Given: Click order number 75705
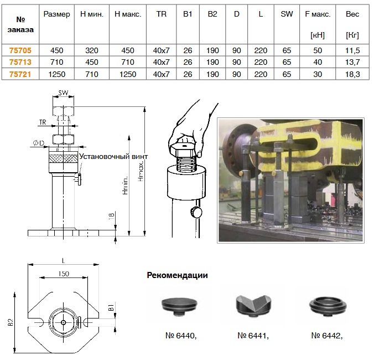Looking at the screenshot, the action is [20, 50].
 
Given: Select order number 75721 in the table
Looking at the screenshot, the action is [20, 74].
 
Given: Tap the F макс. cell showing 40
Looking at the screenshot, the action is [318, 62].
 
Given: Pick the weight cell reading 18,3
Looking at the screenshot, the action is [352, 74].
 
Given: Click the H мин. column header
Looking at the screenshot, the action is [92, 14].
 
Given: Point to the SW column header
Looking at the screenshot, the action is [287, 14].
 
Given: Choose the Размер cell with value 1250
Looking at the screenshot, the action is [57, 74].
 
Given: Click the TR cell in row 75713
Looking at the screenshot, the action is [161, 62].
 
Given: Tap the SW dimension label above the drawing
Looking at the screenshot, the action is [63, 92].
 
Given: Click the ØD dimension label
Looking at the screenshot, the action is [39, 143].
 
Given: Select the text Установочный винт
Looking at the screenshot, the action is [113, 157].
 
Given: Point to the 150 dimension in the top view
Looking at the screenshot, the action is [64, 274].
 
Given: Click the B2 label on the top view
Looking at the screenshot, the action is [11, 322].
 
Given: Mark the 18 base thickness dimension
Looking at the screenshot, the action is [111, 216].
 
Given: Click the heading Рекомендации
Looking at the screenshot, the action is [177, 275].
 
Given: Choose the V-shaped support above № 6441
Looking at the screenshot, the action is [253, 306].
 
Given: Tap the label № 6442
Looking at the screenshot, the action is [327, 336].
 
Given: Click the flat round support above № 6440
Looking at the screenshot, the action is [179, 306].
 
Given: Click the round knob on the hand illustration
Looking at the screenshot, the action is [196, 212].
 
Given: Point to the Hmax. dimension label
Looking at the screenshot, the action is [141, 171].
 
